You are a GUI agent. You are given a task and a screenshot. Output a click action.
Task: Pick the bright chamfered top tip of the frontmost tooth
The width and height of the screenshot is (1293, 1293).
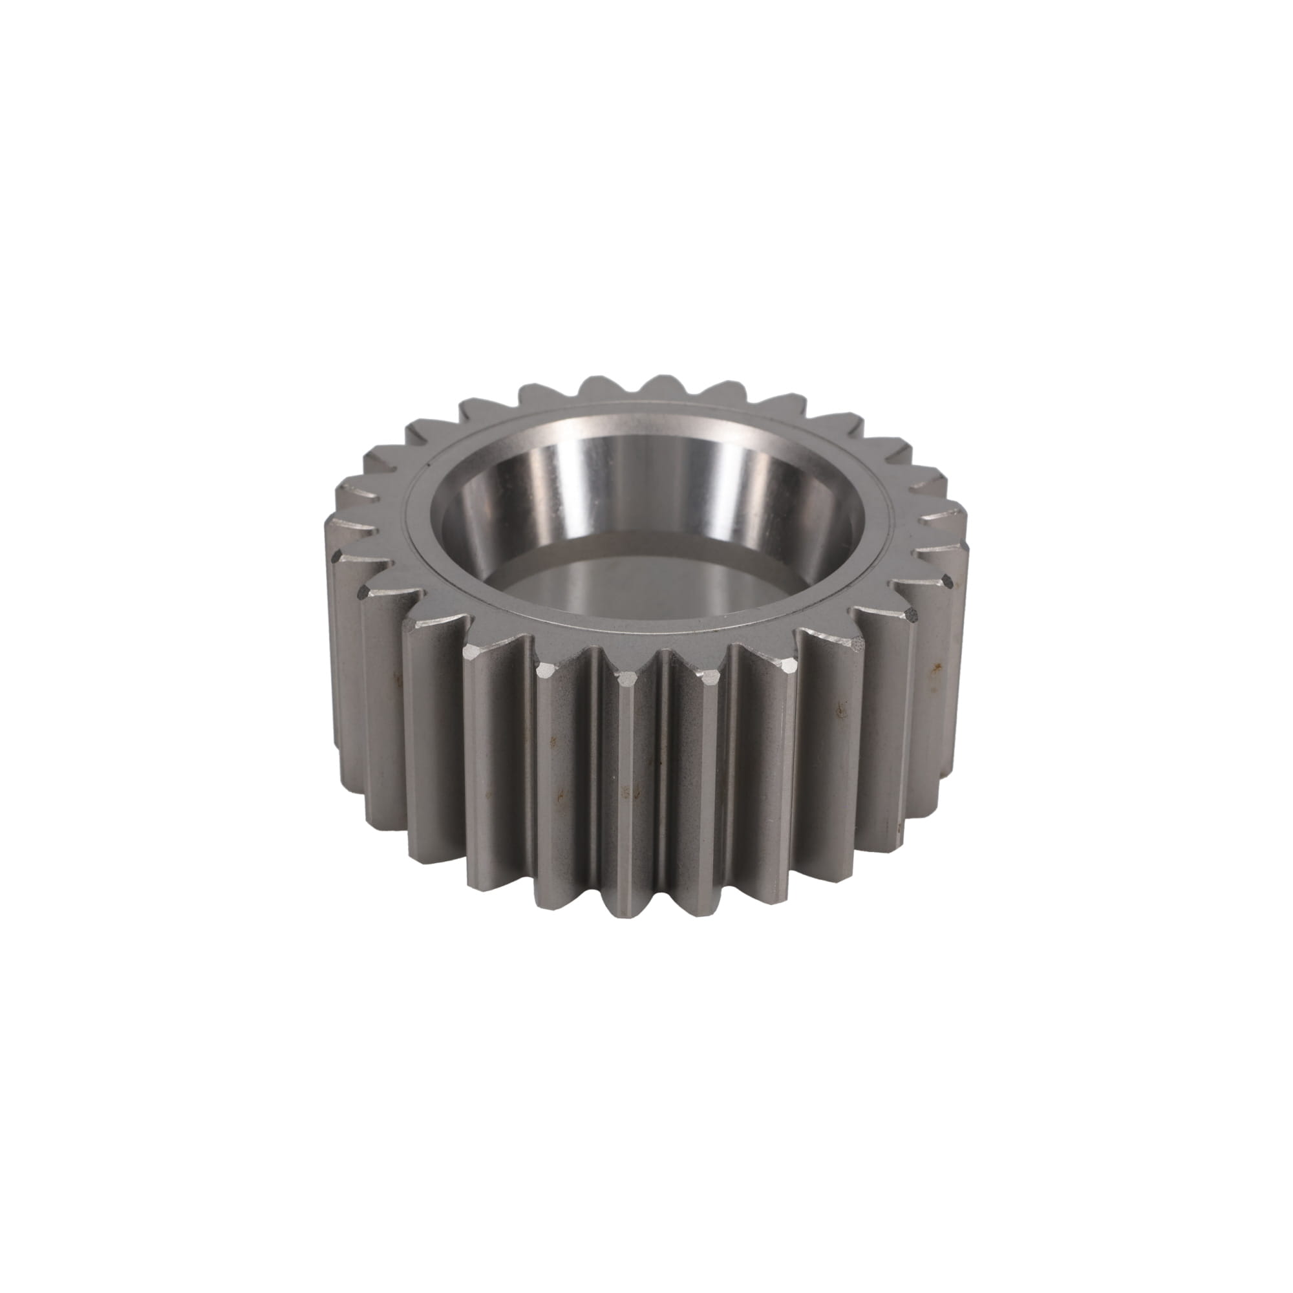pyautogui.click(x=626, y=680)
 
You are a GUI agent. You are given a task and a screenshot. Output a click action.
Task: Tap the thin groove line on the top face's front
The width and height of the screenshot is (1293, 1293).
pyautogui.click(x=643, y=626)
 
